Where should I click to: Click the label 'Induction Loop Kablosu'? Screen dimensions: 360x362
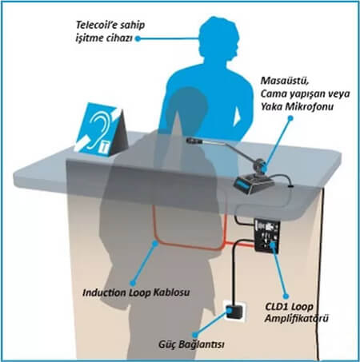coord(136,292)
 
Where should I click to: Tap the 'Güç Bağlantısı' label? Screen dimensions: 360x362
coord(191,344)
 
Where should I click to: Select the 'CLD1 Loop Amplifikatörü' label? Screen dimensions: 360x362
coord(297,312)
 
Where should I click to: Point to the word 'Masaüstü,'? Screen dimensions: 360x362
coord(285,81)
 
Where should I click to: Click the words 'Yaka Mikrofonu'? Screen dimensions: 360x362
coord(297,107)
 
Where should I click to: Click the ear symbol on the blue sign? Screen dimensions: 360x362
coord(98,129)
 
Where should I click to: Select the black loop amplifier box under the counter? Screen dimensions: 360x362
coord(267,235)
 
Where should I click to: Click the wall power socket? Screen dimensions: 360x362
coord(234,311)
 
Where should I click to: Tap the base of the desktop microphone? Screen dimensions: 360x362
coord(254,184)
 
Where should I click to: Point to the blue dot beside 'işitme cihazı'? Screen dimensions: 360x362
coord(138,39)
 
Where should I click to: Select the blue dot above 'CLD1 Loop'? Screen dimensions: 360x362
coord(286,296)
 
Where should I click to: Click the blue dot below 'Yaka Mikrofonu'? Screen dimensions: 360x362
coord(291,117)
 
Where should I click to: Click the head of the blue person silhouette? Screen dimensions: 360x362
coord(218,38)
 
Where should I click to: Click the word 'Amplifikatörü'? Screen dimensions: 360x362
coord(297,318)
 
